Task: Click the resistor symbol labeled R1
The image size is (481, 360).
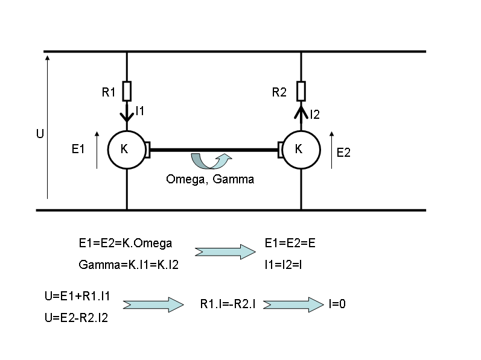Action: pos(127,92)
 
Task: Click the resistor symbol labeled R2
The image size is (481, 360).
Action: pos(301,92)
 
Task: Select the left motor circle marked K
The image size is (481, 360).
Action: pos(126,150)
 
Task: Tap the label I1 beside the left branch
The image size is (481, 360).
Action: pos(140,111)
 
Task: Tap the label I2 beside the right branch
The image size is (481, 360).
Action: pos(314,114)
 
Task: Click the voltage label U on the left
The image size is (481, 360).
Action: pos(40,133)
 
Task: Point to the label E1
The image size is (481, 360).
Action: pos(78,149)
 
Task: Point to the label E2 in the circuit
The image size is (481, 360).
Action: pos(343,153)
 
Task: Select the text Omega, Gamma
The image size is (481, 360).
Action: pos(210,179)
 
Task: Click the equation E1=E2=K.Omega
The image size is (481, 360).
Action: pos(126,243)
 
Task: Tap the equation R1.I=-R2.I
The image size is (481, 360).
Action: pos(228,305)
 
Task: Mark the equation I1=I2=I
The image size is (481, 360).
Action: pos(284,265)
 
